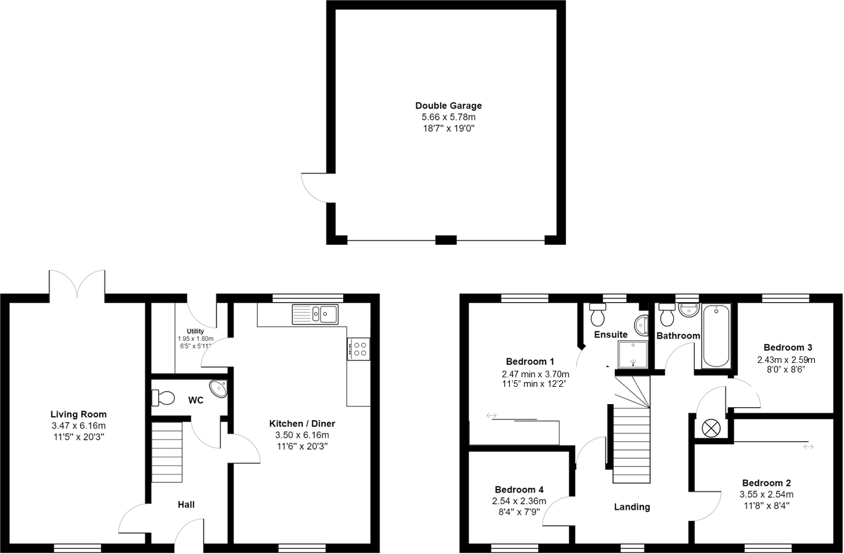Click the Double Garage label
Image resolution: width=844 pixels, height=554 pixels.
(x=448, y=106)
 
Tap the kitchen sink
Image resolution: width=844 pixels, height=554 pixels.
(x=315, y=314)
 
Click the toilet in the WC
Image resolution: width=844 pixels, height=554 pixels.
(x=163, y=397)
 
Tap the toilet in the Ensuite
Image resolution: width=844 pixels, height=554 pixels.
(x=597, y=313)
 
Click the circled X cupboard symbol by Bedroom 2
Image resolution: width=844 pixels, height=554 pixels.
(x=711, y=427)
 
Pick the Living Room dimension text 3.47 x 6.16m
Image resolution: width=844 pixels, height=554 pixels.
(x=78, y=426)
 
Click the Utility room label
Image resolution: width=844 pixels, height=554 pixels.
(x=195, y=331)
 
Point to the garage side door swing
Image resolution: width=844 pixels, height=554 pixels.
(x=315, y=187)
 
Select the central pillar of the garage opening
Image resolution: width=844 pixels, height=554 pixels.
(x=446, y=240)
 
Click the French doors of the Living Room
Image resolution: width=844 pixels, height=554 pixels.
(x=77, y=284)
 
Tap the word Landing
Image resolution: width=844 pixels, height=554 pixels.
(x=632, y=507)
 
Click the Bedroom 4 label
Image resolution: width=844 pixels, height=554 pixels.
(x=519, y=490)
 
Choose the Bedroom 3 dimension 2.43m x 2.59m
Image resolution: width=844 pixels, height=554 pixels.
(x=786, y=359)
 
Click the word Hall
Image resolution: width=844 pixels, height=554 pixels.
(x=186, y=504)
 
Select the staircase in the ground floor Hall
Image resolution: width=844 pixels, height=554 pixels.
(x=167, y=452)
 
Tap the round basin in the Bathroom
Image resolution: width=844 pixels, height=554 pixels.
(x=688, y=310)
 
